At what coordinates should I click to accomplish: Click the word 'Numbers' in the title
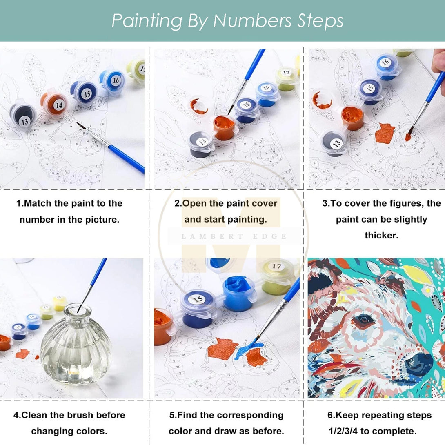point(252,21)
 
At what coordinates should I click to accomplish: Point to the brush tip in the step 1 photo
point(78,123)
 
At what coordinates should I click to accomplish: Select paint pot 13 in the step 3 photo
point(334,144)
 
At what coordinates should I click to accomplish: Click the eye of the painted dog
point(363,320)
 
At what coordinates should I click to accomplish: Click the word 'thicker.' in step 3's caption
point(381,236)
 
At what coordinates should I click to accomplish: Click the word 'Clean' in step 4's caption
point(34,415)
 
